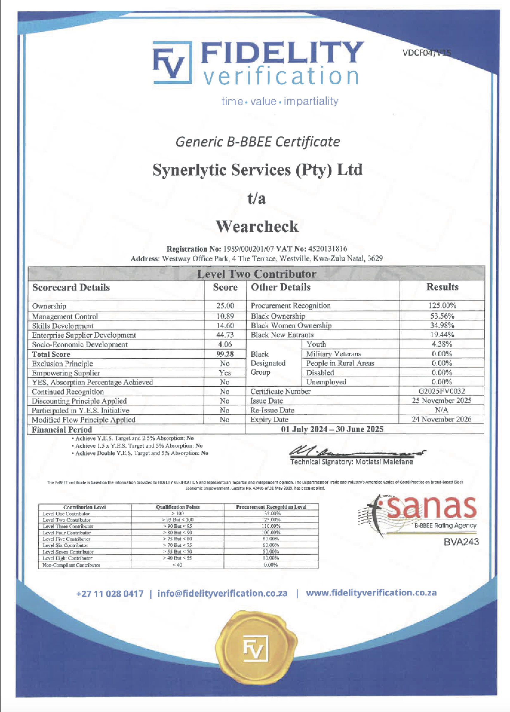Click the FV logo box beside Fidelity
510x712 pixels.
click(172, 63)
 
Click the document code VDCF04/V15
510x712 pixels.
click(426, 53)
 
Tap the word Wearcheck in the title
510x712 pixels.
click(257, 226)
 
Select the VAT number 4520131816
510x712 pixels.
click(328, 249)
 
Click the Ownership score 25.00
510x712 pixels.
click(225, 306)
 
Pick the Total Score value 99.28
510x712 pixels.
click(225, 354)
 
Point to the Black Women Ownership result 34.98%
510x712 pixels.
click(442, 325)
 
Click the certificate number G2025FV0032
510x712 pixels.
click(442, 391)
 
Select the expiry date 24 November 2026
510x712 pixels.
click(441, 419)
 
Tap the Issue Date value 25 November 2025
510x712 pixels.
click(441, 401)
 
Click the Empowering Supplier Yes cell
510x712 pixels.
click(225, 373)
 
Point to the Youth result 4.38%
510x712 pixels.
click(442, 344)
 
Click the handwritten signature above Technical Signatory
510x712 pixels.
click(354, 452)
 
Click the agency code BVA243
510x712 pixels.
click(461, 542)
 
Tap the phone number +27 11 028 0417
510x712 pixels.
click(110, 594)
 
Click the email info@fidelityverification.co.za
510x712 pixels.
click(222, 593)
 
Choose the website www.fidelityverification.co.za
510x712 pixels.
click(371, 593)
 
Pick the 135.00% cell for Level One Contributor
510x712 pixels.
click(271, 513)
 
